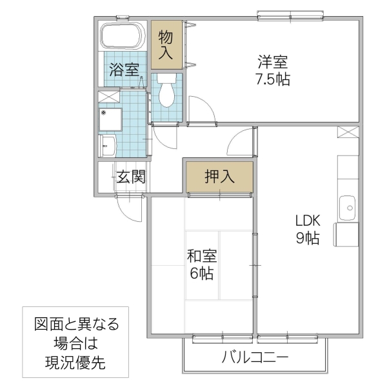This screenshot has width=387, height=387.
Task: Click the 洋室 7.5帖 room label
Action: [273, 72]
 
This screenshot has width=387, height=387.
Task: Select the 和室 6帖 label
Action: [202, 264]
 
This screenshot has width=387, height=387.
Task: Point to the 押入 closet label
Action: [219, 177]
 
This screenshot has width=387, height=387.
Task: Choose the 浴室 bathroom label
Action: [124, 70]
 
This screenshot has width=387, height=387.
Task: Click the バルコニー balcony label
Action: [256, 357]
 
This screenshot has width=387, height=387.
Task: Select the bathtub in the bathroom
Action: [121, 37]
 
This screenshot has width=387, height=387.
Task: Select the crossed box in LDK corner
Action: [347, 132]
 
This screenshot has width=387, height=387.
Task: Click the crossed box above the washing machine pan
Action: [108, 97]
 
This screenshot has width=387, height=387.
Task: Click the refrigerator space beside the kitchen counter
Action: [346, 233]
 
